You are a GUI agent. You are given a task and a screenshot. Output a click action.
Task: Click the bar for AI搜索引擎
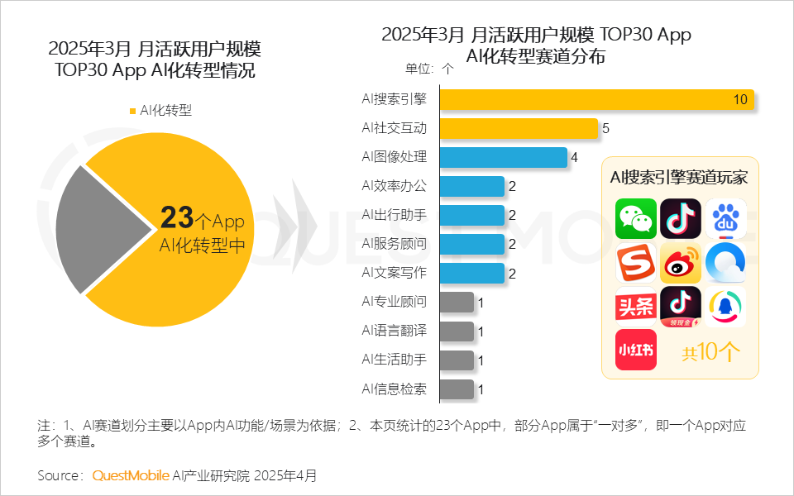pos(595,99)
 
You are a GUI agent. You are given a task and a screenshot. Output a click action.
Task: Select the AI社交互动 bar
pos(519,128)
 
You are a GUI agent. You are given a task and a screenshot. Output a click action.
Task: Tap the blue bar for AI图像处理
pos(503,157)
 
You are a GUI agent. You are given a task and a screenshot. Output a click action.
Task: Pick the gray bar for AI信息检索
pos(457,389)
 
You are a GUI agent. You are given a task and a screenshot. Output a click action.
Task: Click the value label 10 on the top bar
pos(740,99)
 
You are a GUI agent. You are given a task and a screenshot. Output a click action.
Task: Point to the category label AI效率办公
pos(395,186)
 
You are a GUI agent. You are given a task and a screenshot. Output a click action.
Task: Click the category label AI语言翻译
pos(395,331)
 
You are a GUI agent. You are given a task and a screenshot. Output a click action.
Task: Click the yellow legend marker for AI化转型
pos(132,111)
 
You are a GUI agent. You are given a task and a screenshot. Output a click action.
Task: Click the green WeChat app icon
pos(635,219)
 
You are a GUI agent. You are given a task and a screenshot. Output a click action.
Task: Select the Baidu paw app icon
pos(725,219)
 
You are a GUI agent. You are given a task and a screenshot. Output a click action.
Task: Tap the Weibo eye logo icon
pos(680,263)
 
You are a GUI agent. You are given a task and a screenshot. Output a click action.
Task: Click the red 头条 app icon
pos(635,307)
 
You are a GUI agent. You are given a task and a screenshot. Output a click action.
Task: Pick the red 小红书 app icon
pos(635,350)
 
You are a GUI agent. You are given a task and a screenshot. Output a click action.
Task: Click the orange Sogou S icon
pos(635,263)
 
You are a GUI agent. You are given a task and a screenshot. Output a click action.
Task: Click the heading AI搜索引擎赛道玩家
pos(679,177)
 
